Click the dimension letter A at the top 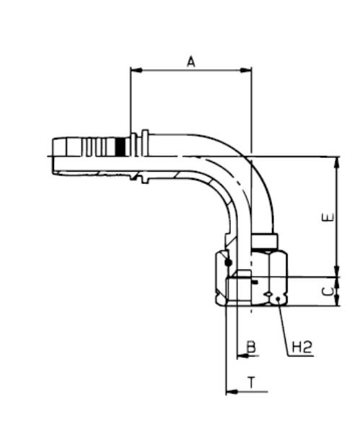click(x=191, y=62)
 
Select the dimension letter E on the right click(x=330, y=216)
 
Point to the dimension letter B click(x=251, y=347)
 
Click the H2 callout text click(x=302, y=349)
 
